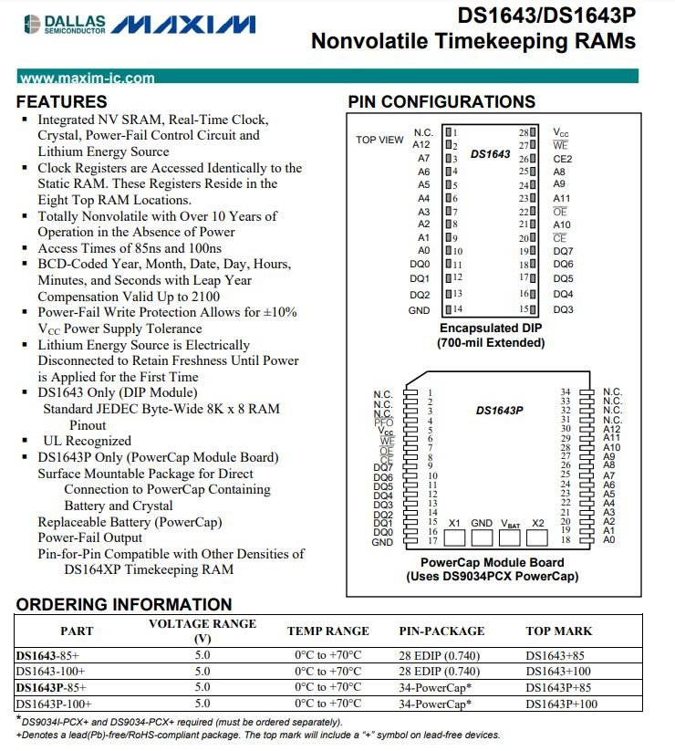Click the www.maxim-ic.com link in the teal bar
(x=87, y=78)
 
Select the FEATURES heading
(x=62, y=101)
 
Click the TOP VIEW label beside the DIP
(x=379, y=140)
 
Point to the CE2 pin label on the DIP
(x=563, y=158)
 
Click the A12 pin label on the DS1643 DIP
(x=421, y=144)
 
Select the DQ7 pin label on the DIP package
(x=563, y=251)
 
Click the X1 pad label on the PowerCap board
(x=454, y=523)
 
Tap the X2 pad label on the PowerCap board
(x=538, y=523)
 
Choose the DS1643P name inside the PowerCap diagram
(x=499, y=410)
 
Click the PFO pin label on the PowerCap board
(x=383, y=422)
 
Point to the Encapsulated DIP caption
(x=492, y=328)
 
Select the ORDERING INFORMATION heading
(x=124, y=604)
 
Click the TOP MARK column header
(x=558, y=631)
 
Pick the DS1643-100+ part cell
(x=51, y=671)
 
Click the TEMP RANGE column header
(x=327, y=631)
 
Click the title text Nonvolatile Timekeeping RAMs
(x=472, y=42)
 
